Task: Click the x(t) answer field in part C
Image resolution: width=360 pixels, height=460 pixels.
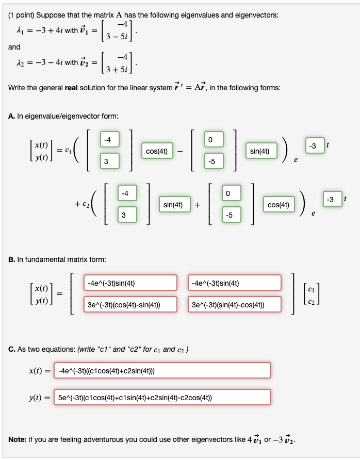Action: point(162,370)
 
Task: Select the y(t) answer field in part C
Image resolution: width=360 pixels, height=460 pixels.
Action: point(162,397)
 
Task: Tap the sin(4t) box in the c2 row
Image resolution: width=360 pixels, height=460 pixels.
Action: point(173,205)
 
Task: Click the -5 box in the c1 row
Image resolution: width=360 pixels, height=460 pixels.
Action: point(211,162)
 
